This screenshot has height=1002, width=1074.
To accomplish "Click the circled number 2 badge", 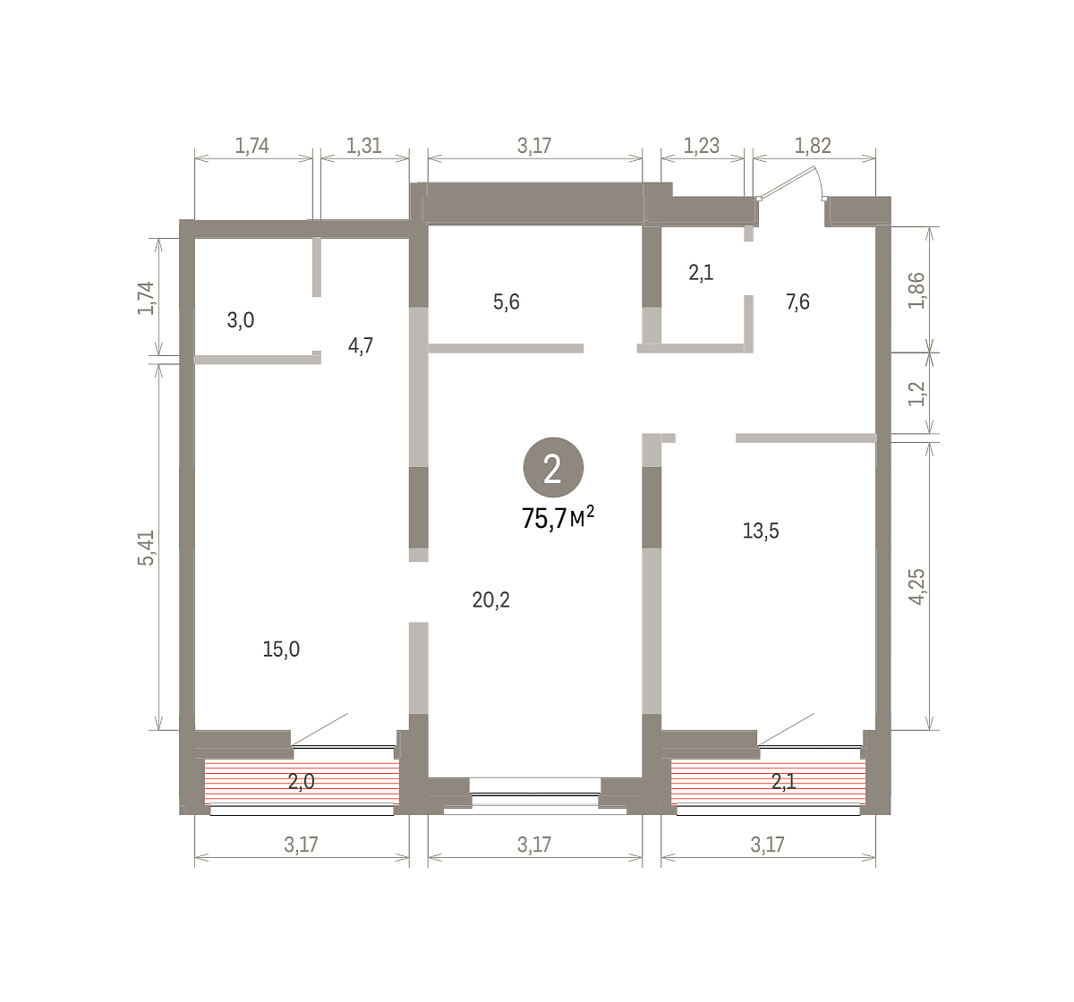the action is (553, 468).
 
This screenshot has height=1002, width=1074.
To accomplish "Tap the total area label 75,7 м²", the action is (558, 517).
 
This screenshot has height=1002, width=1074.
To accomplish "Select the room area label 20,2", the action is (490, 600).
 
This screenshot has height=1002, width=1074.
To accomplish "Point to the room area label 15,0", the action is (281, 649).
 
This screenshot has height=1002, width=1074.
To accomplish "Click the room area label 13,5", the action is (761, 531).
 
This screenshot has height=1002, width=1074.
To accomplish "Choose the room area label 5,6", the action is (507, 301).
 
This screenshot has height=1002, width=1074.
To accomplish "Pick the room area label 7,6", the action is (797, 301).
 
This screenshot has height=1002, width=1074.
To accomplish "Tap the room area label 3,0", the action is (241, 320).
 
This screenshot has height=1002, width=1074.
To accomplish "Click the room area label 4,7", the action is (360, 345).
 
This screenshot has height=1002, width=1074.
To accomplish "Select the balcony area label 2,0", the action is (302, 781).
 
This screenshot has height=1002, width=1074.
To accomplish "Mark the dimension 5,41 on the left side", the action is (146, 548).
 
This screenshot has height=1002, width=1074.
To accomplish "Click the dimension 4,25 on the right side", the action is (917, 587).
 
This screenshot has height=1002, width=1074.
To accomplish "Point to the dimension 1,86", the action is (917, 291).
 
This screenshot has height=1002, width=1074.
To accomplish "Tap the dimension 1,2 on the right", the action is (917, 394).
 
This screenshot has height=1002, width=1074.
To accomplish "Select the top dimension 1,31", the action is (363, 146).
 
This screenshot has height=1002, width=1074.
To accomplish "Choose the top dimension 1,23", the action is (702, 146).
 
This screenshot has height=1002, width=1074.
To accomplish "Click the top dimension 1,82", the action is (813, 146).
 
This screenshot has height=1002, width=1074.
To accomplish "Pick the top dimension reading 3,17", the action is (534, 146).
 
